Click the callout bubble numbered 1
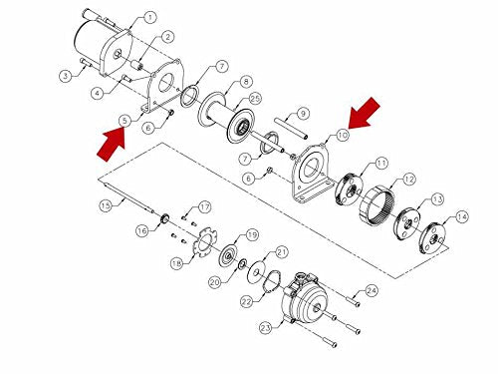[150, 17]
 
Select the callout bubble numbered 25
[255, 99]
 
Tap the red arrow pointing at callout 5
[112, 146]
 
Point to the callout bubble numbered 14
[462, 216]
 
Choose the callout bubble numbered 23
[266, 328]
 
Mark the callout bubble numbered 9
[303, 114]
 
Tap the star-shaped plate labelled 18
[204, 241]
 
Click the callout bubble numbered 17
[205, 207]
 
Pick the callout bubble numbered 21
[282, 252]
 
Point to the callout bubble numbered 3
[66, 76]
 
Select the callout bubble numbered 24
[372, 291]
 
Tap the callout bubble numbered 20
[215, 282]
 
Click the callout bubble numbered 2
[167, 37]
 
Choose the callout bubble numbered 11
[381, 163]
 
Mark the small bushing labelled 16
[164, 218]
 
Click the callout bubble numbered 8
[246, 82]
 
